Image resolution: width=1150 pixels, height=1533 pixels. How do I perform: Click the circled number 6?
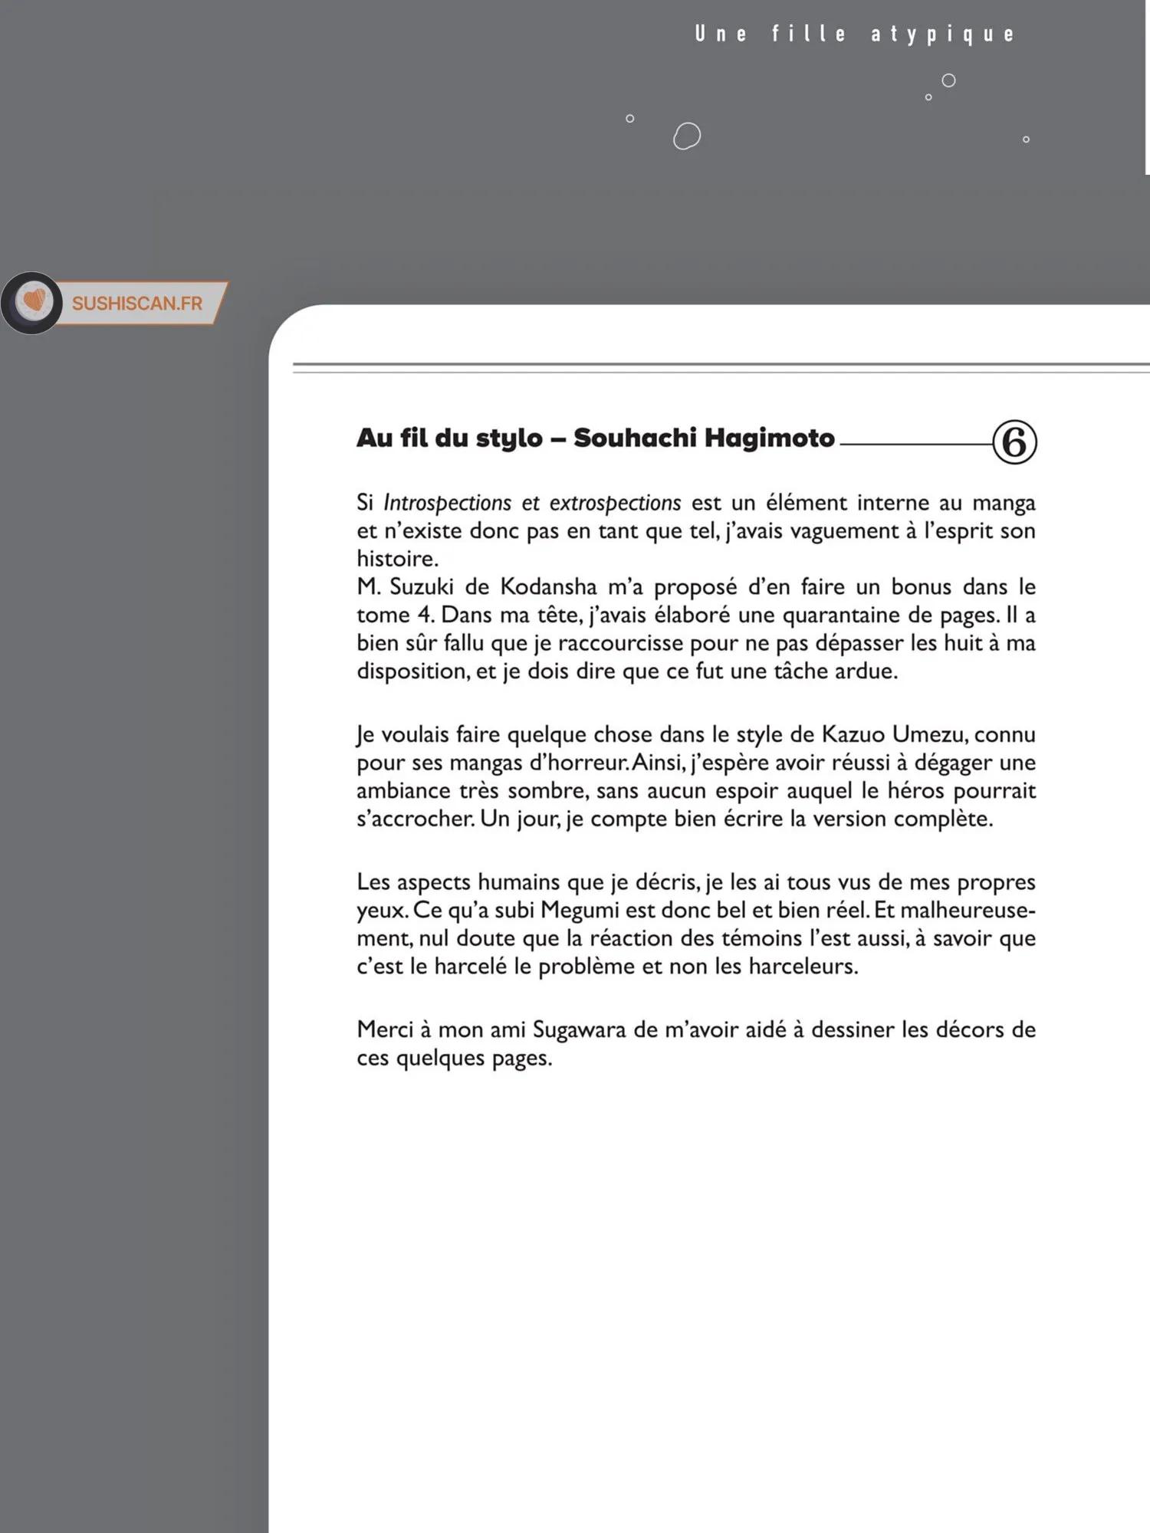[1014, 442]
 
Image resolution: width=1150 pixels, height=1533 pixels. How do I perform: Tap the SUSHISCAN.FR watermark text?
[137, 304]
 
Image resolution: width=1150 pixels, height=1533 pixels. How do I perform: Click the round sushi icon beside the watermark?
[32, 302]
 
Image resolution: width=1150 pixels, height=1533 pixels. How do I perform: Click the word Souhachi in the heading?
[633, 438]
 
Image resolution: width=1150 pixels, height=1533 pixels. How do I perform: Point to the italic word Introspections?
[447, 503]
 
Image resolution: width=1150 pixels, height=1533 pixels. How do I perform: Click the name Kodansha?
[548, 586]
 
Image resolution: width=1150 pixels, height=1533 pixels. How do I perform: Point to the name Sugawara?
[579, 1029]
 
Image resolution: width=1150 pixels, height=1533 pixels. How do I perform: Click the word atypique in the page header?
[942, 34]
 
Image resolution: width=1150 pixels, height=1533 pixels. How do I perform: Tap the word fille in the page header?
[809, 34]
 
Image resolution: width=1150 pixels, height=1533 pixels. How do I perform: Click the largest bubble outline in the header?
[687, 136]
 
